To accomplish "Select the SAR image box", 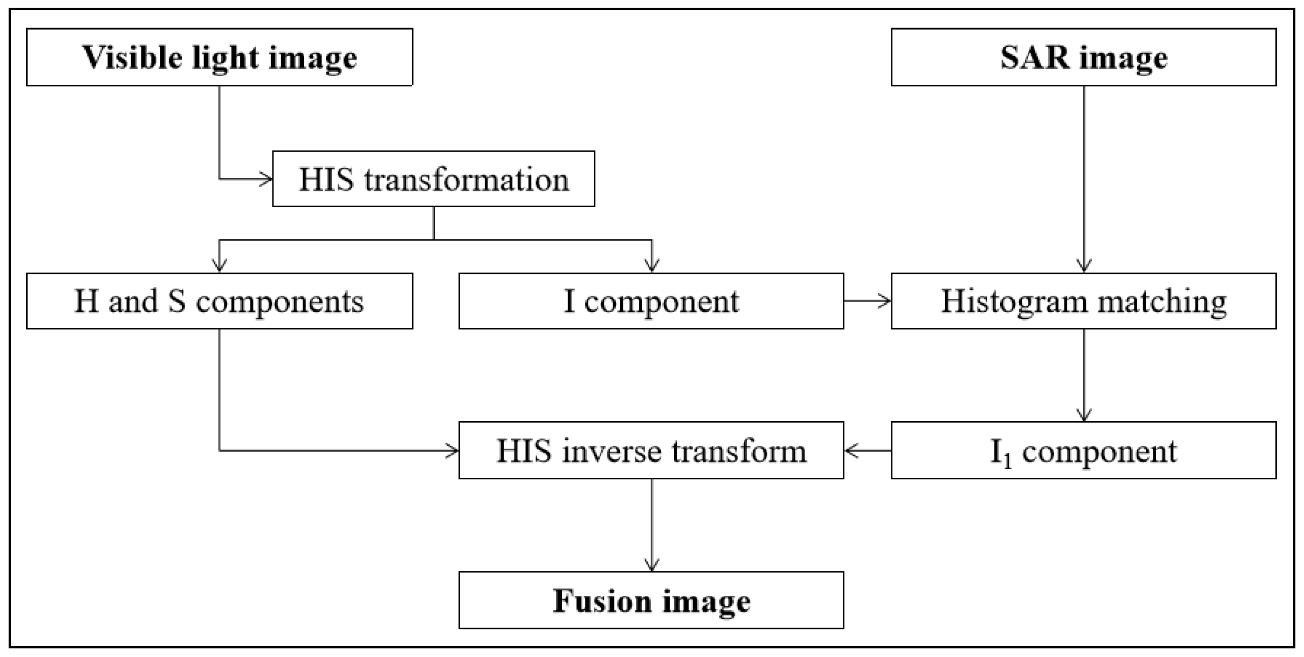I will (1083, 57).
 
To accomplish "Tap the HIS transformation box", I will (433, 179).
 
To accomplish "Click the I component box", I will (651, 301).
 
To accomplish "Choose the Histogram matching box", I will (1083, 301).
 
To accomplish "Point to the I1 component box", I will (1083, 450).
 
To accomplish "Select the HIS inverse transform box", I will (651, 450).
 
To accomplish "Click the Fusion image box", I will (651, 600).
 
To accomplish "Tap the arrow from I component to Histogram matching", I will (867, 301).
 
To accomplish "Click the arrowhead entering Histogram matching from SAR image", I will (1083, 266).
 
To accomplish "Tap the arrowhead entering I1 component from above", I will (1083, 415).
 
